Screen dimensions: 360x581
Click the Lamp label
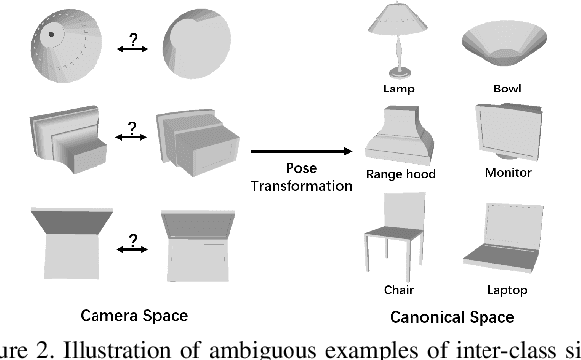[x=401, y=87]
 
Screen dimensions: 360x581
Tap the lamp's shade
[x=399, y=20]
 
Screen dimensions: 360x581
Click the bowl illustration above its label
[x=505, y=46]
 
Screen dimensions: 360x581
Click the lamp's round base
[x=400, y=70]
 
